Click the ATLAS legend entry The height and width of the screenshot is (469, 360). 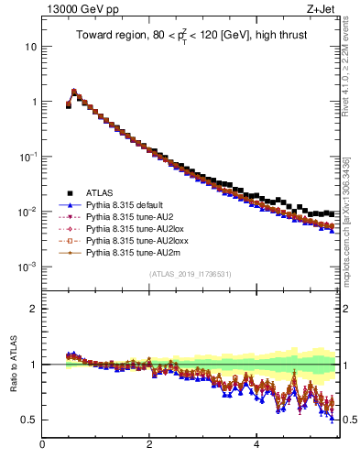[x=100, y=192]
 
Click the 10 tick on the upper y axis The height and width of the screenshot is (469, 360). [x=30, y=47]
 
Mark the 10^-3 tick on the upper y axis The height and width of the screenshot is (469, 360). [x=27, y=267]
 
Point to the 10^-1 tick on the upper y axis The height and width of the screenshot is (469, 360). [x=27, y=157]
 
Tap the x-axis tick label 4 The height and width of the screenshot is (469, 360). [x=256, y=447]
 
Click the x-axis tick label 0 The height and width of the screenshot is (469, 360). [x=42, y=447]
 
